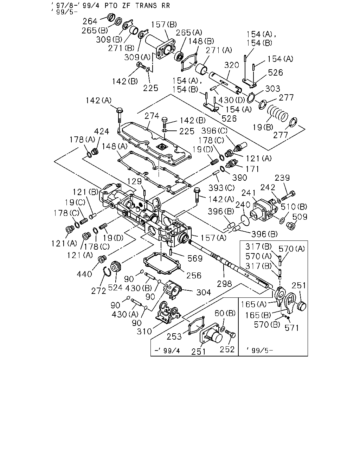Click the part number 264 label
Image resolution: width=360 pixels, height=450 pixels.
tap(90, 21)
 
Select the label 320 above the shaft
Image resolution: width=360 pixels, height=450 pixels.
tap(232, 65)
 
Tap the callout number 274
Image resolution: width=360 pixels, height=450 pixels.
tap(152, 116)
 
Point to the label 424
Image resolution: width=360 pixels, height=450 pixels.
tap(102, 131)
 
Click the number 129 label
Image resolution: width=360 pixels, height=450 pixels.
tap(135, 181)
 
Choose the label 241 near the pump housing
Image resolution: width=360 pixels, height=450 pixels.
tap(249, 193)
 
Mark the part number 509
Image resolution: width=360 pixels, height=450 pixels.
tap(300, 217)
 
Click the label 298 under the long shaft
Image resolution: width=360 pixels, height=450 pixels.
tap(224, 284)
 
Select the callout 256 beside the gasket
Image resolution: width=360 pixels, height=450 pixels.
tap(194, 276)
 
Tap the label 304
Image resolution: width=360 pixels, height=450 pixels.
tap(204, 292)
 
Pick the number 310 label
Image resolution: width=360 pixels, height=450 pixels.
tap(144, 332)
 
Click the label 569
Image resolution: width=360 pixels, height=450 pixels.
tap(195, 259)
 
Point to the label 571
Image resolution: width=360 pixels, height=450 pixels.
tap(292, 328)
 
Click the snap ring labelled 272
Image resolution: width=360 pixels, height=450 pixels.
tap(107, 272)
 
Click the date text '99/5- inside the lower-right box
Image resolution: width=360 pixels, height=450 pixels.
tap(260, 351)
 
